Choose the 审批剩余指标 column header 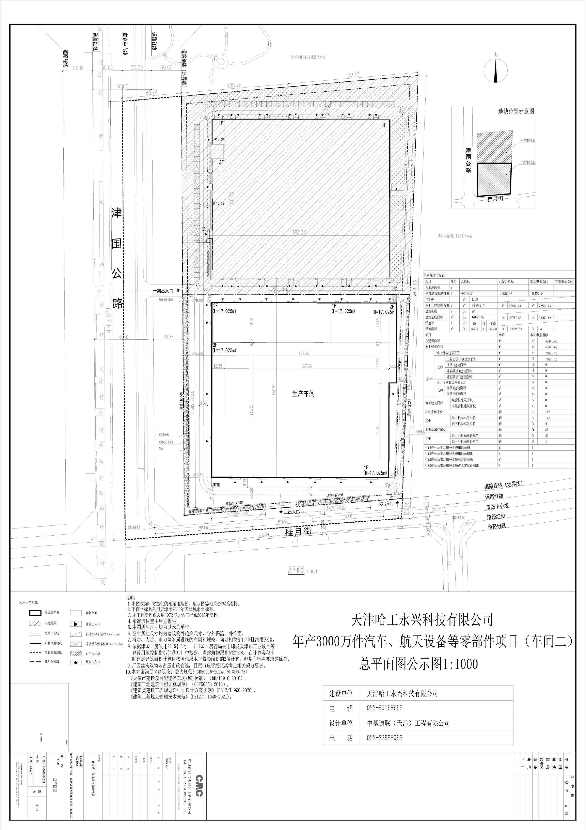564,282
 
